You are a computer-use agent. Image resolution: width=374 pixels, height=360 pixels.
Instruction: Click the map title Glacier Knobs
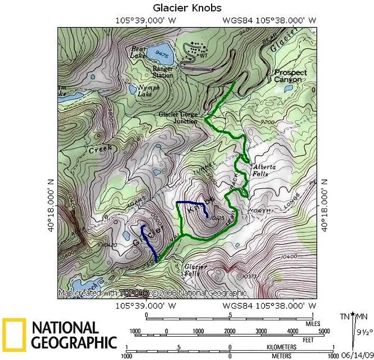(187, 8)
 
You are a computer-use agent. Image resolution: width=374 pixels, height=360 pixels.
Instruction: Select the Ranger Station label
(162, 72)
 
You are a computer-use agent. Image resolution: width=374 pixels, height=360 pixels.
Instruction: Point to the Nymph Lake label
(149, 91)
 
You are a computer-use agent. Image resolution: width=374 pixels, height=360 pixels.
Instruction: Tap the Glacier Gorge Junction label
(178, 117)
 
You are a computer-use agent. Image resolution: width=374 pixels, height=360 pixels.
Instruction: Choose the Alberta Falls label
(261, 170)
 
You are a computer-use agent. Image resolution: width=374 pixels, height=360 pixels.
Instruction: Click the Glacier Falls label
(196, 270)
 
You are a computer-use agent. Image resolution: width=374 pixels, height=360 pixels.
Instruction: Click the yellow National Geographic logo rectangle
(12, 335)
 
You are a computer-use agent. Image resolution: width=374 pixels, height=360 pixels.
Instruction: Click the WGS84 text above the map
(239, 20)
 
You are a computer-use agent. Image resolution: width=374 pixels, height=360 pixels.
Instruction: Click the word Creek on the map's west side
(100, 150)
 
